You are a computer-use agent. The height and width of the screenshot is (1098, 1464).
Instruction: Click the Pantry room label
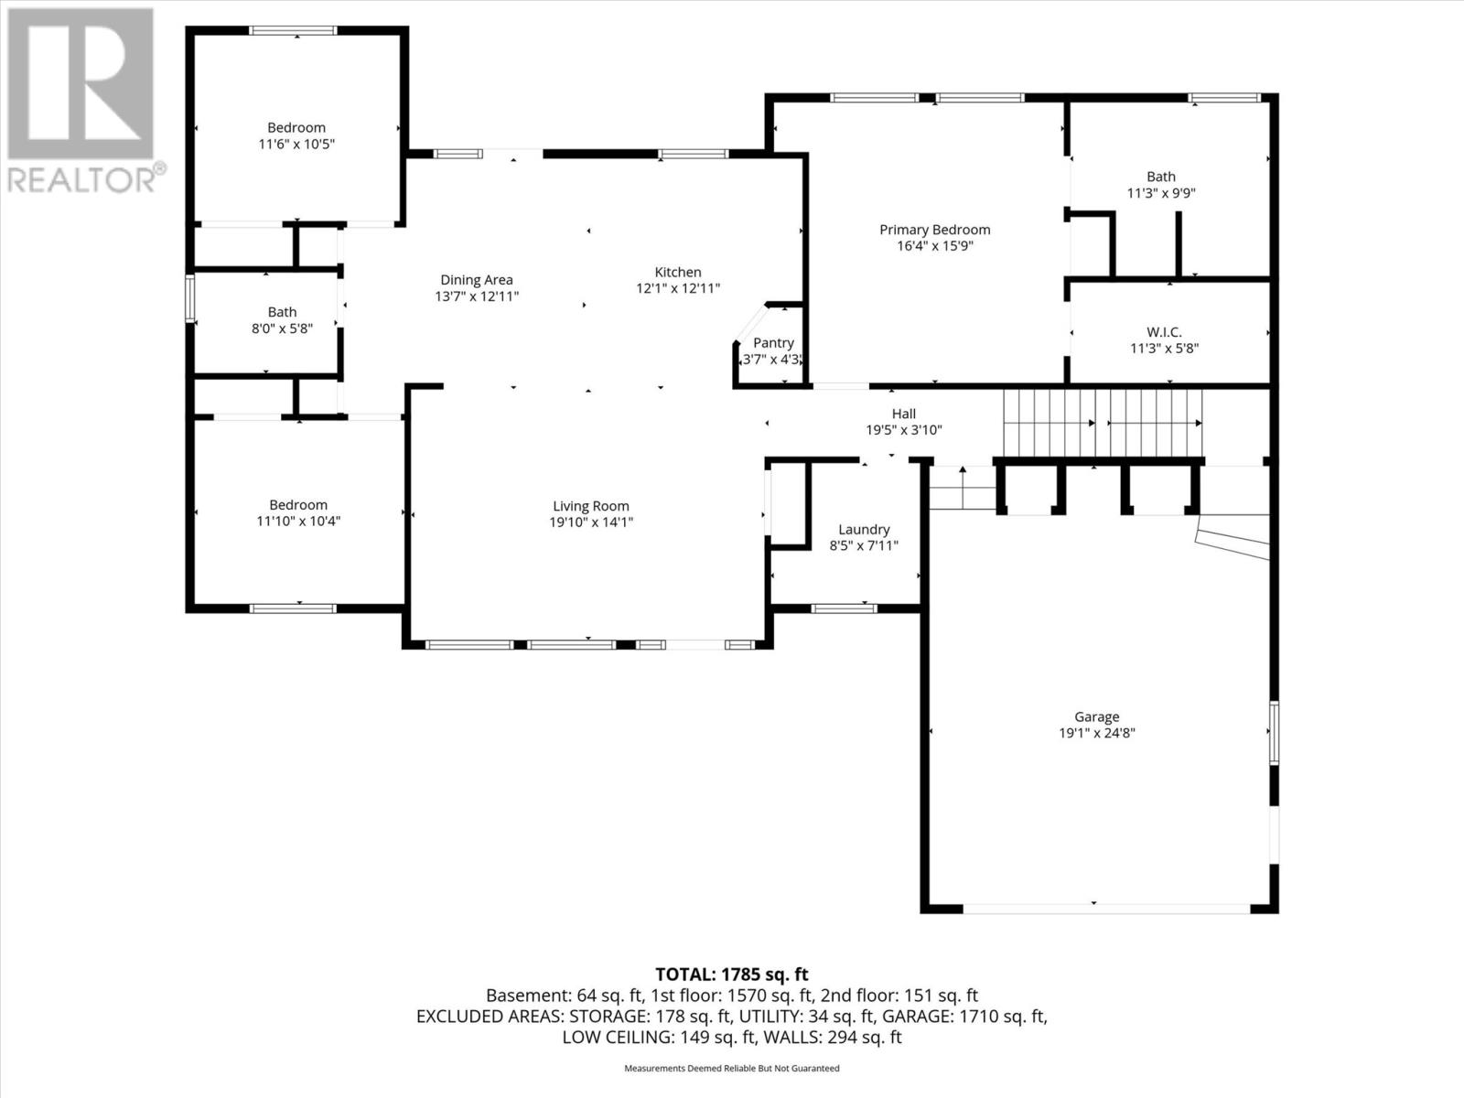point(773,342)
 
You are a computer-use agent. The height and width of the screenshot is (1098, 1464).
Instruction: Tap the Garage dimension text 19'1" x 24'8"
point(1096,733)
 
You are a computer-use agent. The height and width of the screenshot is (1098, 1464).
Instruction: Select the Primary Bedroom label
point(934,230)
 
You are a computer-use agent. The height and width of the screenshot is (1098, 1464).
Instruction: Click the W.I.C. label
point(1164,332)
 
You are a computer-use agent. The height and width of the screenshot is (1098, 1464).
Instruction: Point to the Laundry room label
point(864,530)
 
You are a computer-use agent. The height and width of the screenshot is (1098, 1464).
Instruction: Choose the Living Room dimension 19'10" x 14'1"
point(591,522)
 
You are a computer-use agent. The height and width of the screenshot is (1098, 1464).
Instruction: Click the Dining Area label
point(476,280)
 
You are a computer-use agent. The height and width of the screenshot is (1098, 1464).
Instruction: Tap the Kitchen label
point(678,272)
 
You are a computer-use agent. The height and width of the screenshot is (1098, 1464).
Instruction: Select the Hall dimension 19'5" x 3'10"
point(904,430)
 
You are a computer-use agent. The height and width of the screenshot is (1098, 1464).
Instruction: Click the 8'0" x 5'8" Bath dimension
point(282,328)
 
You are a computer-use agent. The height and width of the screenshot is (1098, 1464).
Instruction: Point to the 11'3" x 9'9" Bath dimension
point(1161,193)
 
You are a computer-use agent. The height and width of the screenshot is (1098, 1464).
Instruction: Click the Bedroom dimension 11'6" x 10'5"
point(296,144)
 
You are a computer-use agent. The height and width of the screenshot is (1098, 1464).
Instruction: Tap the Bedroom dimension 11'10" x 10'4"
point(298,521)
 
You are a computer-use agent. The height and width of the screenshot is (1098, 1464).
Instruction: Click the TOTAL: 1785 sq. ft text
point(732,974)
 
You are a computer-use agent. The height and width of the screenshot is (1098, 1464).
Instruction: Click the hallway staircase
point(1103,424)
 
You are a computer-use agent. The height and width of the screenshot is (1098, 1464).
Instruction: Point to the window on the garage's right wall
point(1274,733)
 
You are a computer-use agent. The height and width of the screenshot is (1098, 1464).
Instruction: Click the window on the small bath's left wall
point(190,298)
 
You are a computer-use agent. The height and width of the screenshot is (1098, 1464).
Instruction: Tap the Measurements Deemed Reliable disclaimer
point(732,1068)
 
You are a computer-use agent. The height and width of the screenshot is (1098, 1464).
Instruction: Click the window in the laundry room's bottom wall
point(844,608)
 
